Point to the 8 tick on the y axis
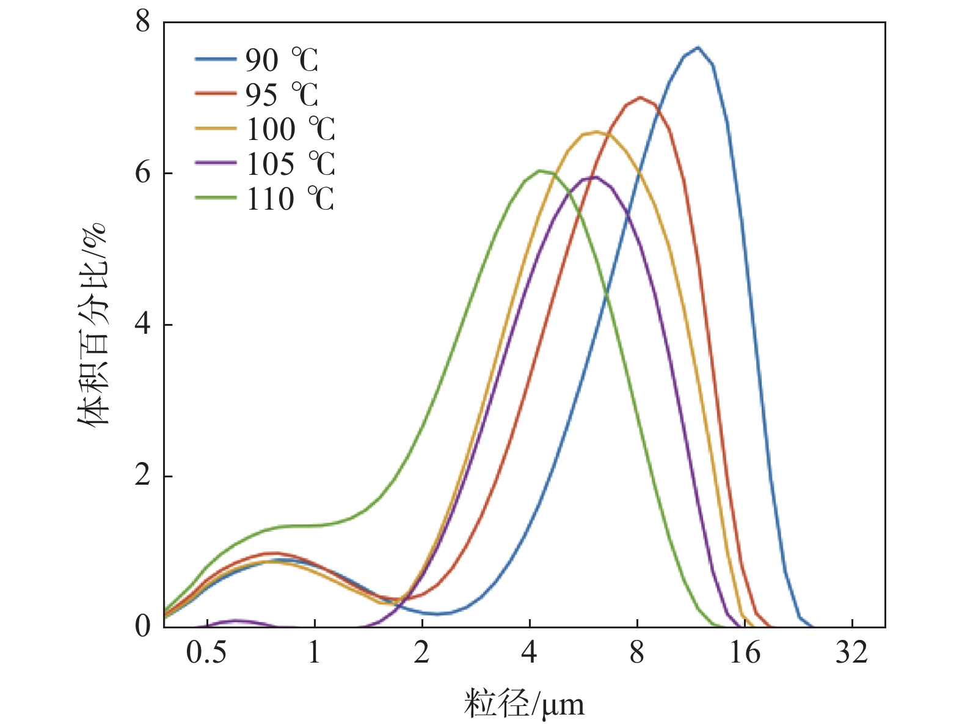pos(143,22)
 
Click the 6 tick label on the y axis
pos(143,173)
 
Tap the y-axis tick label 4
pos(143,325)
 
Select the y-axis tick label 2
pos(143,476)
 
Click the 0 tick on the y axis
pos(143,627)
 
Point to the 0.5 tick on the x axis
pos(206,653)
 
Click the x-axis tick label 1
pos(314,653)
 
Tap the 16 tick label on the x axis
pos(745,653)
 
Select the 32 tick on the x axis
pos(852,653)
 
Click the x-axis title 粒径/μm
pos(524,704)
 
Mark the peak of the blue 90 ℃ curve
pos(698,47)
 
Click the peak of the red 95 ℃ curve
pos(640,97)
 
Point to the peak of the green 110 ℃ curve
pos(540,171)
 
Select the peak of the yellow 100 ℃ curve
pos(596,132)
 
